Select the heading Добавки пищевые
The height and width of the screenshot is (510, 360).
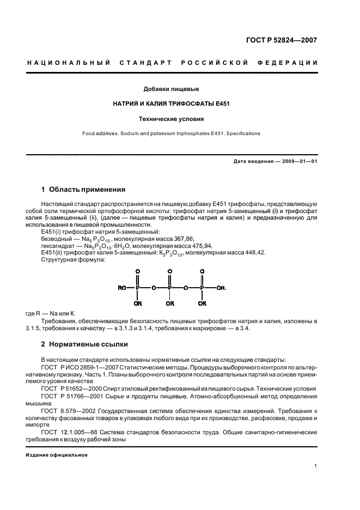pos(171,88)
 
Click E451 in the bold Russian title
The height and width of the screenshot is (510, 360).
pos(221,103)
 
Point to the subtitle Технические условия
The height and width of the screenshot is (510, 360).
pos(171,118)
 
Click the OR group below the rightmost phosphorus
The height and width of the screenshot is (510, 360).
pos(202,303)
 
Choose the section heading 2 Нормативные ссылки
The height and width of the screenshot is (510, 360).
pos(82,345)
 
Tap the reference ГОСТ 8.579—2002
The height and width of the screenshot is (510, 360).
pos(66,410)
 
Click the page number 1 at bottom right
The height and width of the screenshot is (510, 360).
pos(316,466)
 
